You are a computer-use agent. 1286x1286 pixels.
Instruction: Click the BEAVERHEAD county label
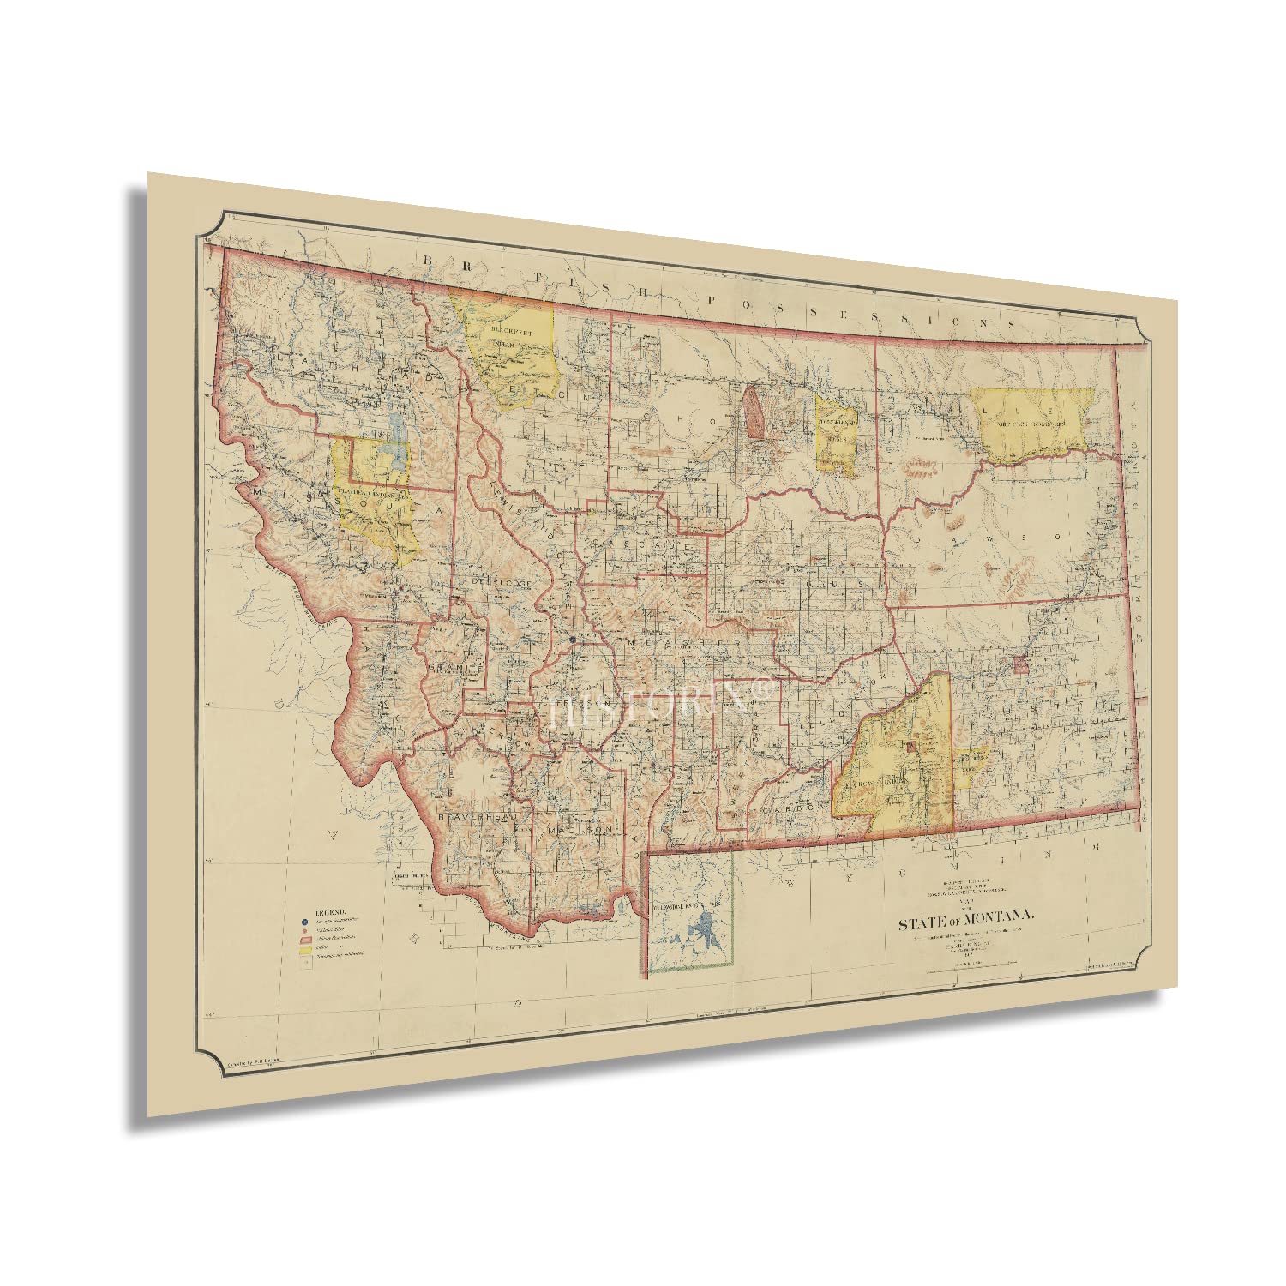[x=478, y=818]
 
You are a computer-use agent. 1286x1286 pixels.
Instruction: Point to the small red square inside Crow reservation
[x=910, y=746]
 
